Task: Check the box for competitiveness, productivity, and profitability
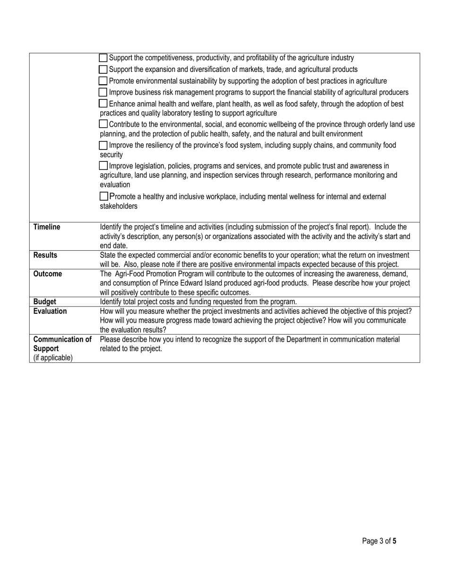point(104,58)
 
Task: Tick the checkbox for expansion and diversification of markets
point(104,70)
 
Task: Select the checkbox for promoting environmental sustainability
point(104,81)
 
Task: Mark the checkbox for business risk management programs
point(104,92)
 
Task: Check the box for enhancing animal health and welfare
point(104,104)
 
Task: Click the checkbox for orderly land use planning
point(104,124)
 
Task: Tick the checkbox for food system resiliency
point(104,145)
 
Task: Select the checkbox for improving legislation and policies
point(104,166)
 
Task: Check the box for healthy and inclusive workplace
point(104,196)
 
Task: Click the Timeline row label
point(47,227)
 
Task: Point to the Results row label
point(45,256)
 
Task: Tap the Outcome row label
point(47,274)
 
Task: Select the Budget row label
point(44,302)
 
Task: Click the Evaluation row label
point(50,311)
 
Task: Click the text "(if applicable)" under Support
point(53,358)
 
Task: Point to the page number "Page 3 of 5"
point(379,541)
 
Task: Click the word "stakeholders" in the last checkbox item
point(119,206)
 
